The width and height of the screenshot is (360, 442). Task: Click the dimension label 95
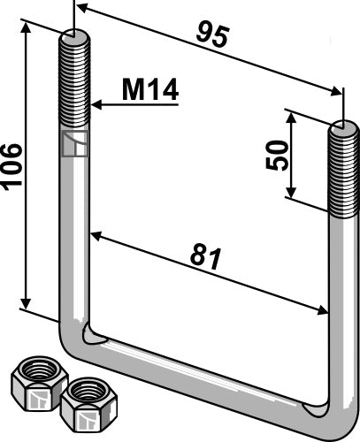point(213,36)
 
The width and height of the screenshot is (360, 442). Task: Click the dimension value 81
point(206,256)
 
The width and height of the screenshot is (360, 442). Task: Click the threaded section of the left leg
point(74,84)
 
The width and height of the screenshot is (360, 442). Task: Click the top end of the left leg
point(74,38)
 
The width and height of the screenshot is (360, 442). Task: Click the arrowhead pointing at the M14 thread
point(96,104)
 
